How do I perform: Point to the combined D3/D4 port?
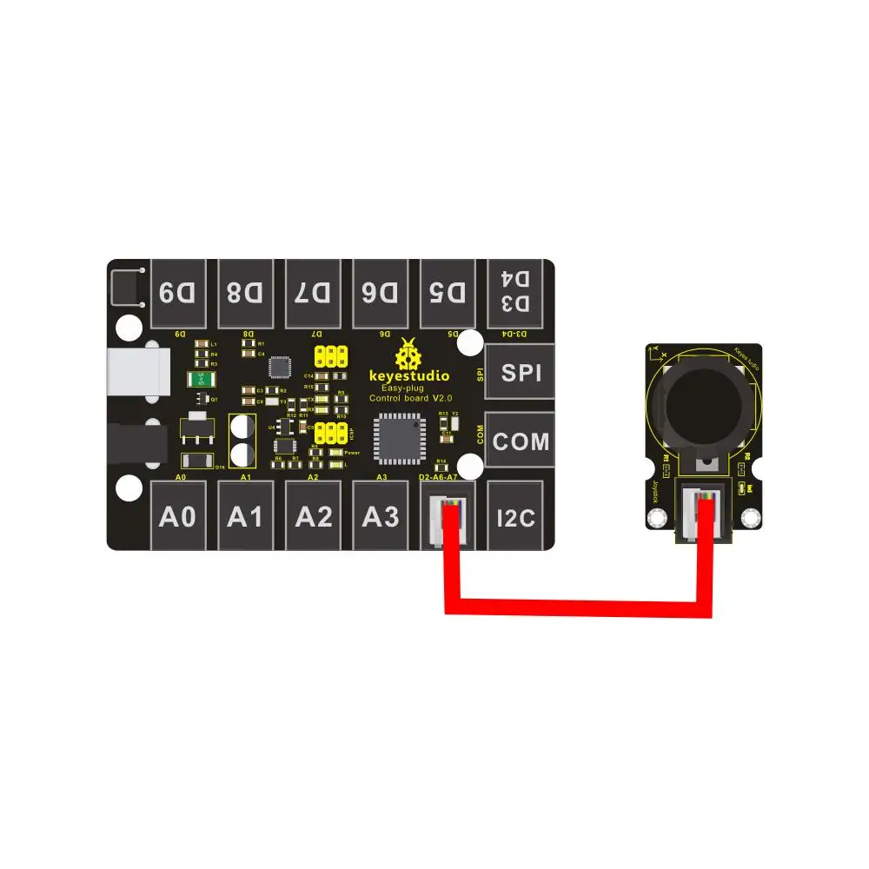tap(516, 291)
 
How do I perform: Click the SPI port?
tap(521, 373)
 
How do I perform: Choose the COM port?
tap(521, 441)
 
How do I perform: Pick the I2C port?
tap(516, 518)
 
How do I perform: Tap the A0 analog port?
tap(179, 517)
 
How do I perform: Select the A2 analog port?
tap(314, 517)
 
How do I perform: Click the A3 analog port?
tap(381, 517)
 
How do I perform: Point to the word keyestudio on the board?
tap(410, 377)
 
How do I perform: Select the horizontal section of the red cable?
tap(578, 607)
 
